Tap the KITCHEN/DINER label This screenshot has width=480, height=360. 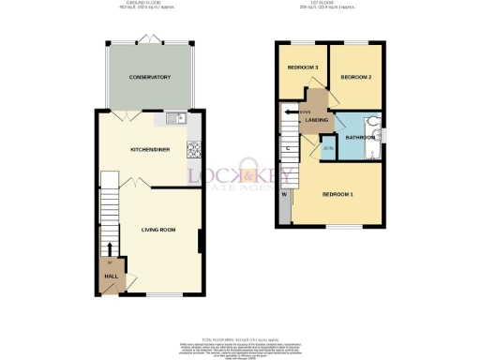coord(149,148)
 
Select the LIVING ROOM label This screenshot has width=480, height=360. coord(159,228)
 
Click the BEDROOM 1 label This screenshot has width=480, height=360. coord(337,194)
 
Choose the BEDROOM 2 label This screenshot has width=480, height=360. coord(356,77)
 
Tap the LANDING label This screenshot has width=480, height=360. coord(312,120)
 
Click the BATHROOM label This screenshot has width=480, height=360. coord(358,138)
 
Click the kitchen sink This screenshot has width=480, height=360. coord(172,119)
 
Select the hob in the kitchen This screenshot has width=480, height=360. coord(195,149)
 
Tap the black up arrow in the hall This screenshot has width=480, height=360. coord(111,249)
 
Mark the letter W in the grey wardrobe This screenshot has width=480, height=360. coord(283,195)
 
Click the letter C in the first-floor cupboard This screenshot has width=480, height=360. coord(287,148)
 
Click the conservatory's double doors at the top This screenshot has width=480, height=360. coord(148,39)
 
